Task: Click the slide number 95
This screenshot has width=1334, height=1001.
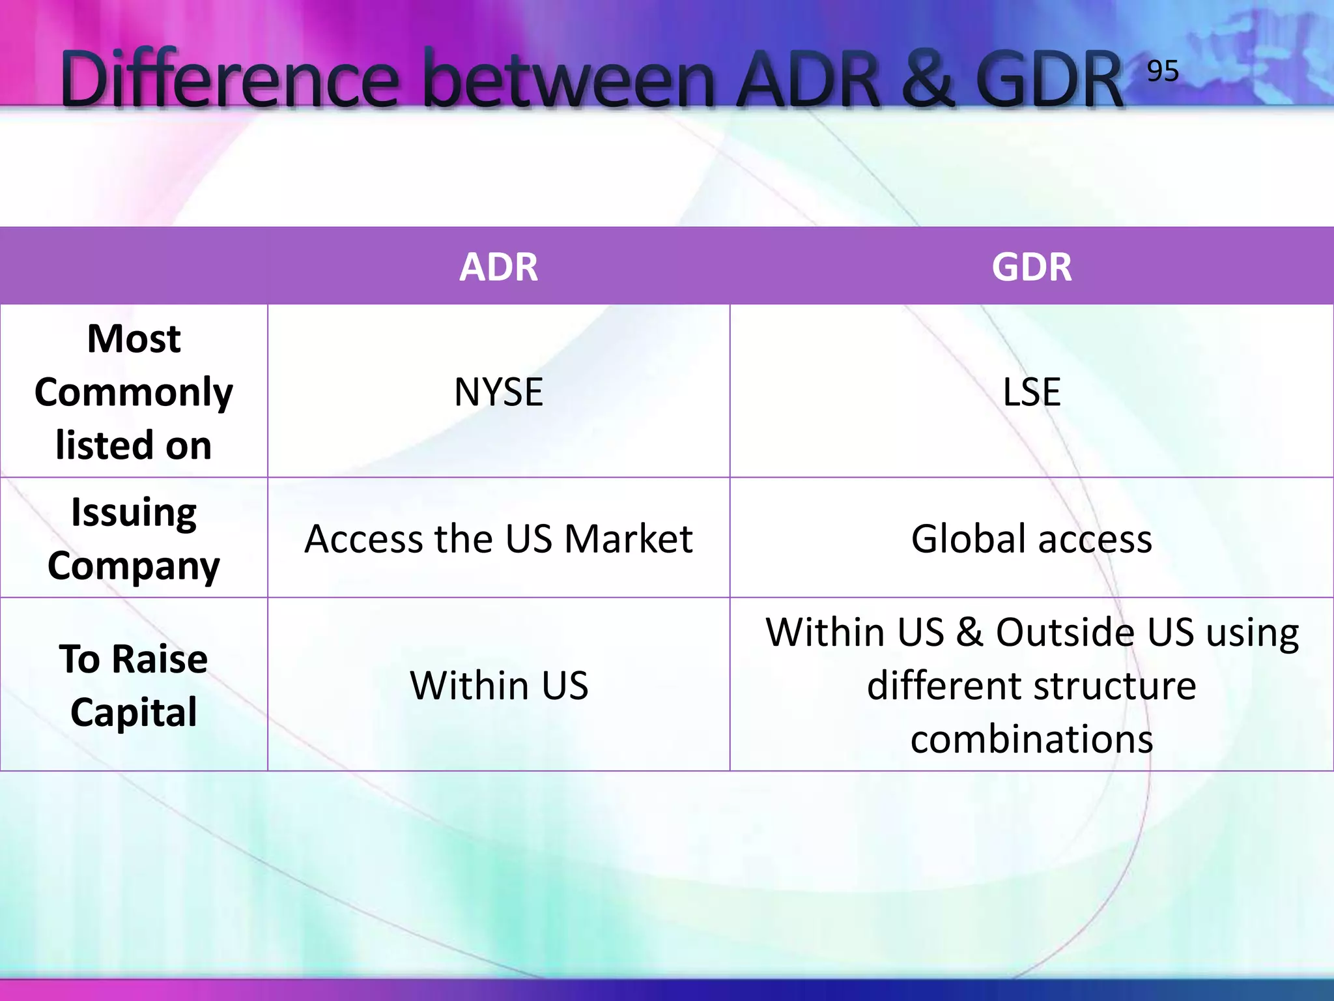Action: (x=1163, y=70)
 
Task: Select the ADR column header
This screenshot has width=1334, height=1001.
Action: (x=498, y=267)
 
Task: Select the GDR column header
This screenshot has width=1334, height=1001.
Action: (x=1032, y=267)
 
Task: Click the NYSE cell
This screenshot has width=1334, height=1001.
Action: (x=498, y=392)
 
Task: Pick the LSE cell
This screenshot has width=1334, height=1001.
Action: (x=1032, y=392)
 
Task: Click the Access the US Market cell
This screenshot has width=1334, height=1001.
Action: (x=498, y=538)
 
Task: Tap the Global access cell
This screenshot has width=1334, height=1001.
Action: (x=1032, y=538)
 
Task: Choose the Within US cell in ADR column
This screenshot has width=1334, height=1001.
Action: (x=498, y=685)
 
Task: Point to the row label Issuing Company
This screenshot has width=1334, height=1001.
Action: (x=134, y=538)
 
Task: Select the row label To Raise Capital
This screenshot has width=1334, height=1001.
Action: (x=134, y=685)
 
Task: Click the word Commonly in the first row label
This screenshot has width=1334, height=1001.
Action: (x=134, y=392)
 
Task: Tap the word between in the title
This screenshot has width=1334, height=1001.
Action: (x=570, y=80)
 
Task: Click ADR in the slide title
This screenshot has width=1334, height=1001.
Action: (x=811, y=80)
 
